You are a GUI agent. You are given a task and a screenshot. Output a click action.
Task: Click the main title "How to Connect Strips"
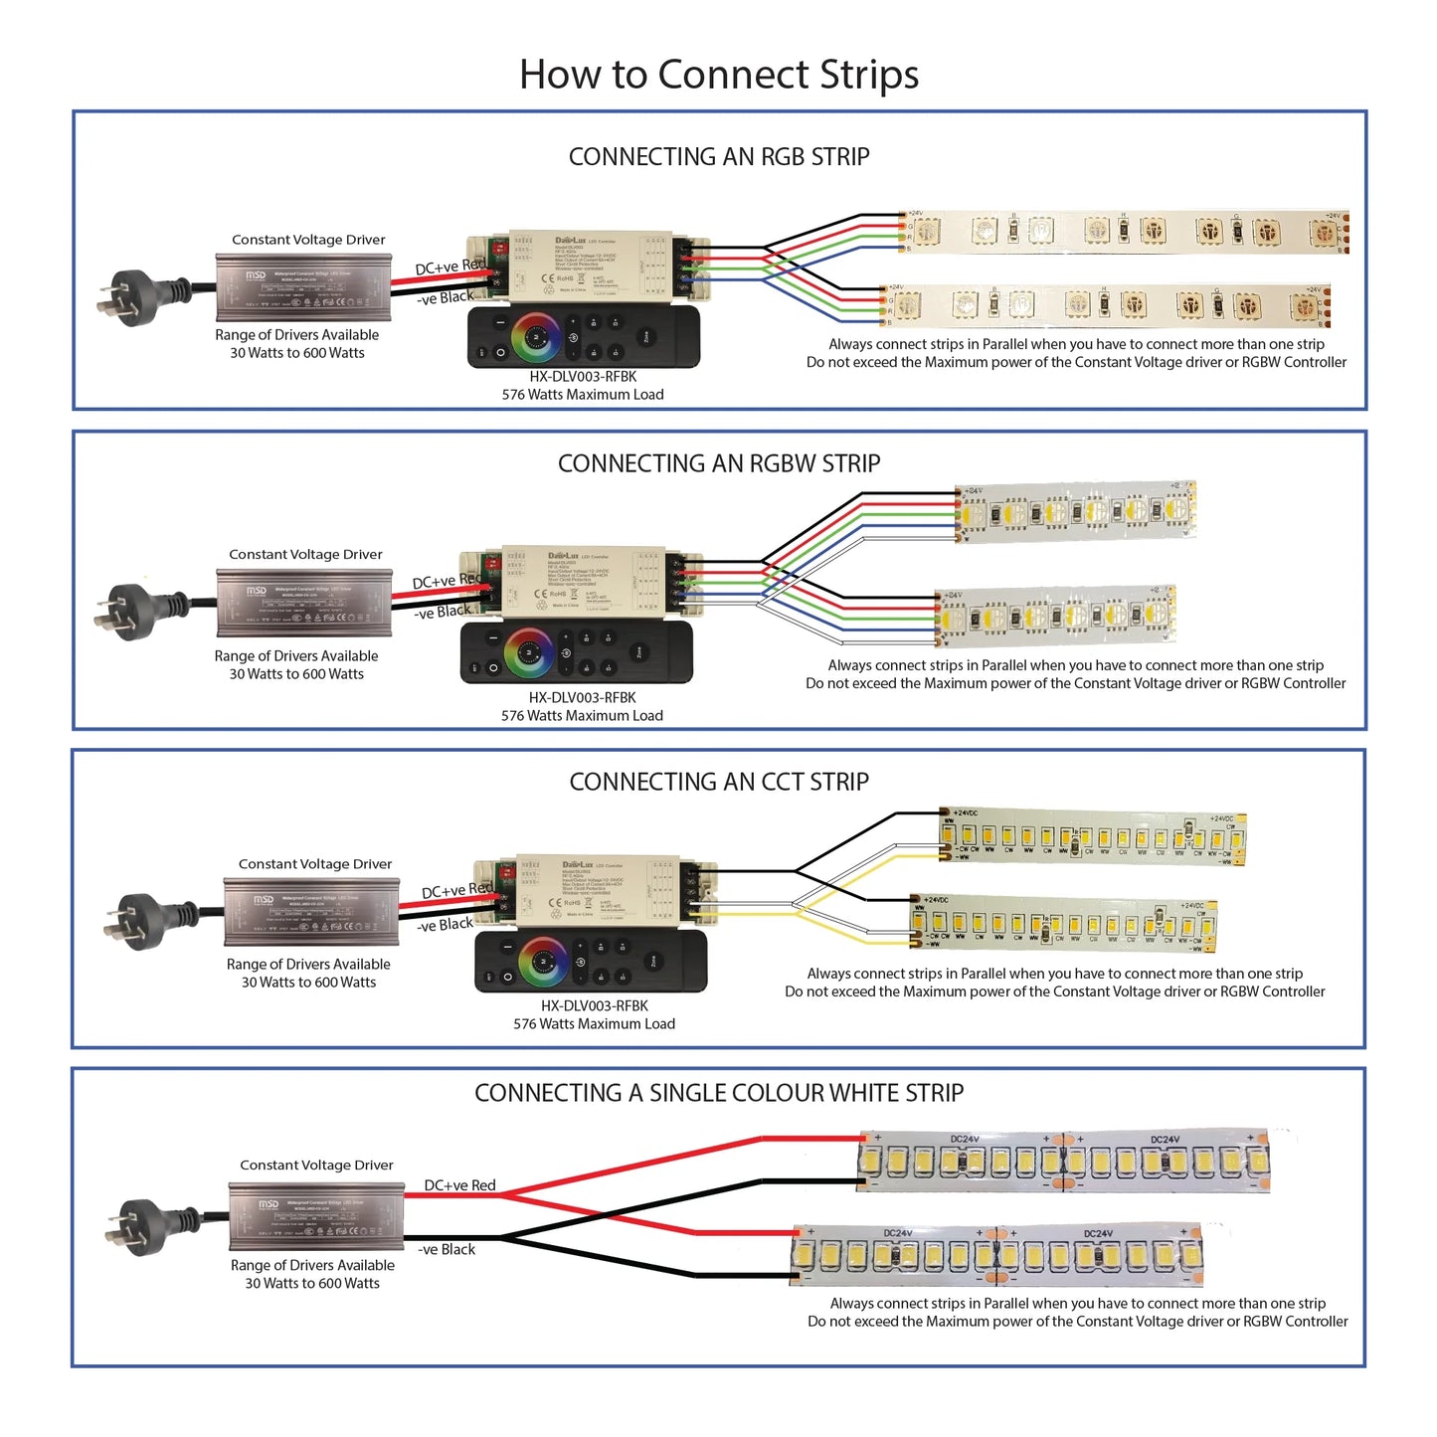718,75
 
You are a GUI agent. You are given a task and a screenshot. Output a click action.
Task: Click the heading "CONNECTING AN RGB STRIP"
718,157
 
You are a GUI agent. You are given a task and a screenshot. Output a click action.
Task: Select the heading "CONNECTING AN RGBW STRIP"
718,463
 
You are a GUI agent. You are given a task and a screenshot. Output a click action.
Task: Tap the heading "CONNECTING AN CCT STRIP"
718,782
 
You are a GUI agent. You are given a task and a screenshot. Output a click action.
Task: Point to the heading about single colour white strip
718,1093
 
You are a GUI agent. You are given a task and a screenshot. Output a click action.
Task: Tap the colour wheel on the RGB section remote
535,337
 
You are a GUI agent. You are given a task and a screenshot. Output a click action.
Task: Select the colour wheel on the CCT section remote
543,960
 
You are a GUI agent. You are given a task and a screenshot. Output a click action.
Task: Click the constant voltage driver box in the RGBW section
304,603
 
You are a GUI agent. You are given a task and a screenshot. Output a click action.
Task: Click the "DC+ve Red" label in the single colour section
459,1185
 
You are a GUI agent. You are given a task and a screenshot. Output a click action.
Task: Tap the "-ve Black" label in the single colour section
447,1249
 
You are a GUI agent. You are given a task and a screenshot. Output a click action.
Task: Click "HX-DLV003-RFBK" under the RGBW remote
582,698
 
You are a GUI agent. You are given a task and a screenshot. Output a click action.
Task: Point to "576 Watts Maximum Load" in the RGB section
583,395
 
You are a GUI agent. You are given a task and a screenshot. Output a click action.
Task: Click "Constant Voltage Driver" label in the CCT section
315,864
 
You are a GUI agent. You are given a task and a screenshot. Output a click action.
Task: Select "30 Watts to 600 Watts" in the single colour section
312,1284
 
